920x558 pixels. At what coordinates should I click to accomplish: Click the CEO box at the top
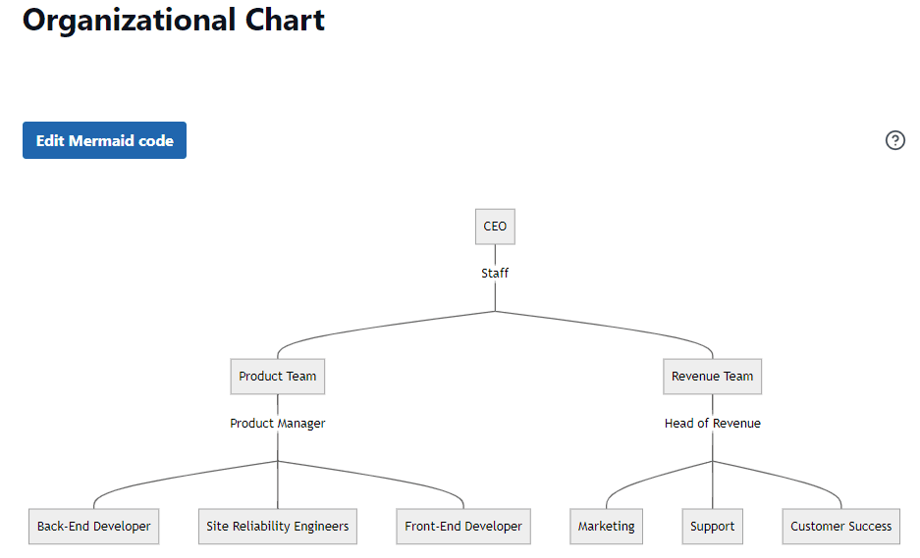coord(495,227)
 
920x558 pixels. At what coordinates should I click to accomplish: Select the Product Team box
coord(278,377)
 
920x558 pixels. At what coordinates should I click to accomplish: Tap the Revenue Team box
coord(712,377)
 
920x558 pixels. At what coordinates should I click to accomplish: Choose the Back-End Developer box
coord(94,527)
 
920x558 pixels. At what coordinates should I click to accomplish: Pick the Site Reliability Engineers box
coord(278,527)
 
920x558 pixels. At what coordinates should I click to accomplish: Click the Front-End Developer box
coord(463,527)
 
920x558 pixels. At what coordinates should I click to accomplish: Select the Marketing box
coord(606,527)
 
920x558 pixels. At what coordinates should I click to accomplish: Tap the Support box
coord(712,527)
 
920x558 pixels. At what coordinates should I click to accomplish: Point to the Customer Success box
coord(841,527)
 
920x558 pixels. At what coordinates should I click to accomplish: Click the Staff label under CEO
coord(495,274)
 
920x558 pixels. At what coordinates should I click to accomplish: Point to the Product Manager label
coord(278,424)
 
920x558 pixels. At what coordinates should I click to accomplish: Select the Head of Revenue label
coord(712,424)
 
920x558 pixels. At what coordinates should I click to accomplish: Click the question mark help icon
coord(894,140)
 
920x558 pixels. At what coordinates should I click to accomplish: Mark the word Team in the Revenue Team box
coord(738,377)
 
